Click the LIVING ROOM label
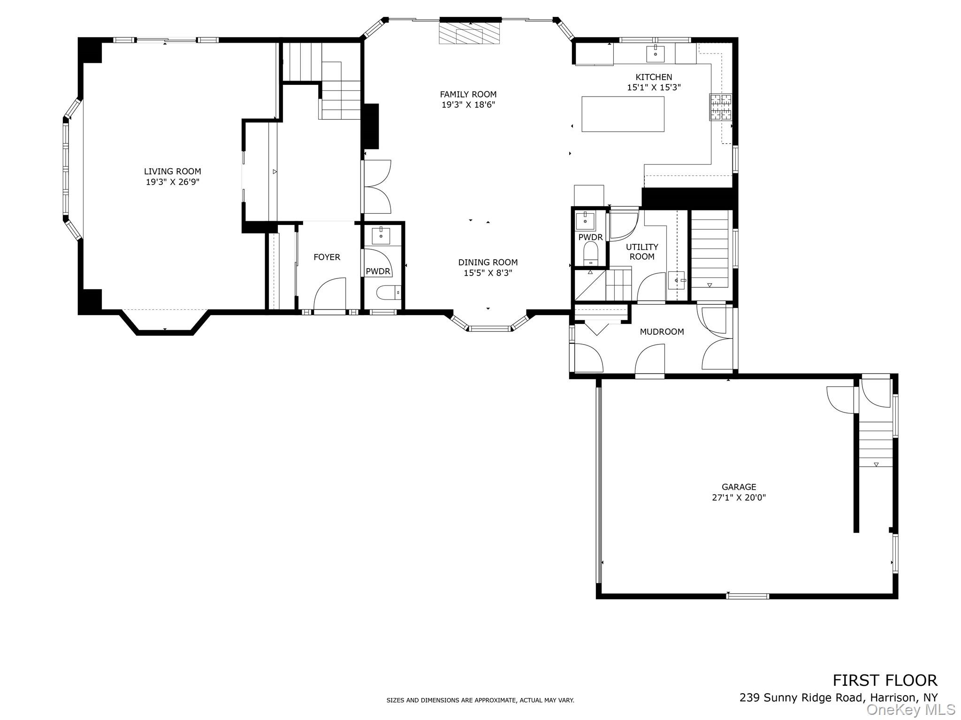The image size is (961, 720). click(172, 172)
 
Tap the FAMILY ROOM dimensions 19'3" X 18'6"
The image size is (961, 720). click(468, 105)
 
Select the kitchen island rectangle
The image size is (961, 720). click(623, 114)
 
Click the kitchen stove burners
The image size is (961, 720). click(720, 107)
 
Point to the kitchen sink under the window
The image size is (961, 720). click(655, 54)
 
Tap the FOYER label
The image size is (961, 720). click(327, 257)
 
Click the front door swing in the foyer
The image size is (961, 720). click(329, 294)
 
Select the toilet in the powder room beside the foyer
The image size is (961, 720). click(388, 292)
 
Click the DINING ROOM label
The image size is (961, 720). click(488, 262)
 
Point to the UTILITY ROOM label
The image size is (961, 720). click(642, 252)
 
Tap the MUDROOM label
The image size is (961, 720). click(662, 331)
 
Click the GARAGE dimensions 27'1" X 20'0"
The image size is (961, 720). click(739, 497)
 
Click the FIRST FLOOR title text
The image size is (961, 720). click(885, 680)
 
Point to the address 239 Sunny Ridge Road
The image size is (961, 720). click(838, 697)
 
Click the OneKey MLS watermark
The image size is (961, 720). click(910, 709)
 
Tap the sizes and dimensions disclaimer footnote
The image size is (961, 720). click(480, 700)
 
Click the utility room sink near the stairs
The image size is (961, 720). click(676, 280)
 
